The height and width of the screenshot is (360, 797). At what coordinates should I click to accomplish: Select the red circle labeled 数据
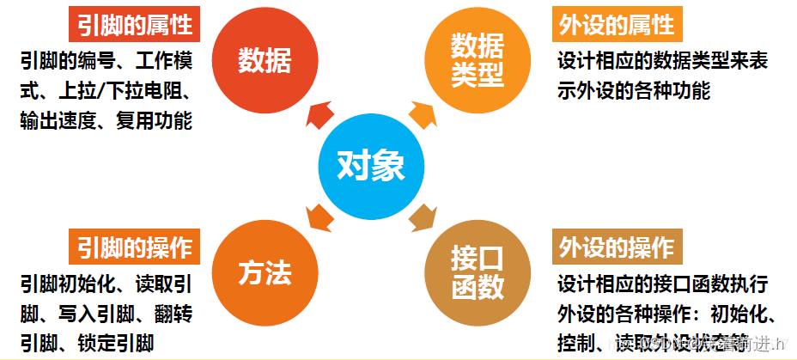[265, 60]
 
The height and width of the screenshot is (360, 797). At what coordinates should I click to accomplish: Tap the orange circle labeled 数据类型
[478, 60]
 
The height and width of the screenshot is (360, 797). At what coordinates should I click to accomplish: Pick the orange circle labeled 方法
[265, 272]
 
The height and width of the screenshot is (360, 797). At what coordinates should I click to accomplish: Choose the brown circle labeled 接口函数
[478, 272]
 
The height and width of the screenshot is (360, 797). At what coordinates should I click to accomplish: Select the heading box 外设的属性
[616, 25]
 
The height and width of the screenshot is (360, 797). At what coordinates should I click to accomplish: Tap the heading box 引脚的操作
[134, 247]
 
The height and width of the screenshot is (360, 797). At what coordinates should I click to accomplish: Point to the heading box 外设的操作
[616, 247]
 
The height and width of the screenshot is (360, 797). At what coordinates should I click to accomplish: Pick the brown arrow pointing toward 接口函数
[424, 217]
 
